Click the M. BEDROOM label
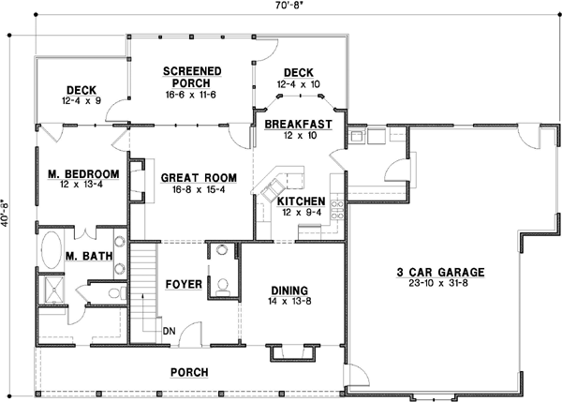(83, 173)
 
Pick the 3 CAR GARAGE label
(439, 272)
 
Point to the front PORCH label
(188, 372)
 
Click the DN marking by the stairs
(169, 331)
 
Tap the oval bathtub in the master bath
(52, 252)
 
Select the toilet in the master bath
(113, 294)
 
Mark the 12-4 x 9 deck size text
(82, 100)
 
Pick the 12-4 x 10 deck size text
(299, 83)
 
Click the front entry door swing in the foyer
(189, 335)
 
